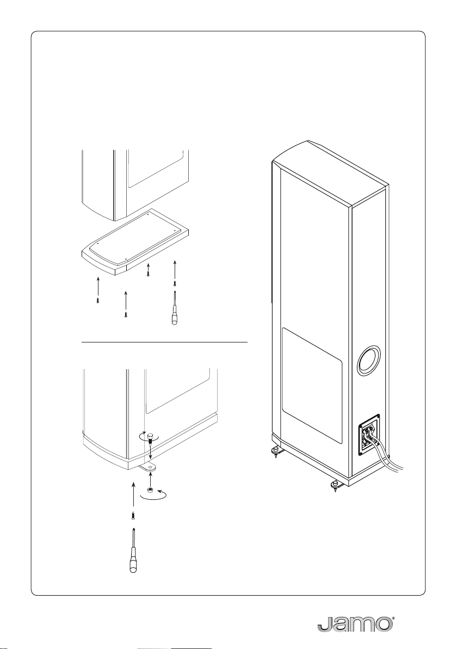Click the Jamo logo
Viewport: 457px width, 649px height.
pos(354,624)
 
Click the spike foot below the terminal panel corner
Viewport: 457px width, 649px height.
pos(334,485)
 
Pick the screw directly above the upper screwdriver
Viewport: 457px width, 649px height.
pos(174,283)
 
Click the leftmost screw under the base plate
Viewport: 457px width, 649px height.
pos(97,300)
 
